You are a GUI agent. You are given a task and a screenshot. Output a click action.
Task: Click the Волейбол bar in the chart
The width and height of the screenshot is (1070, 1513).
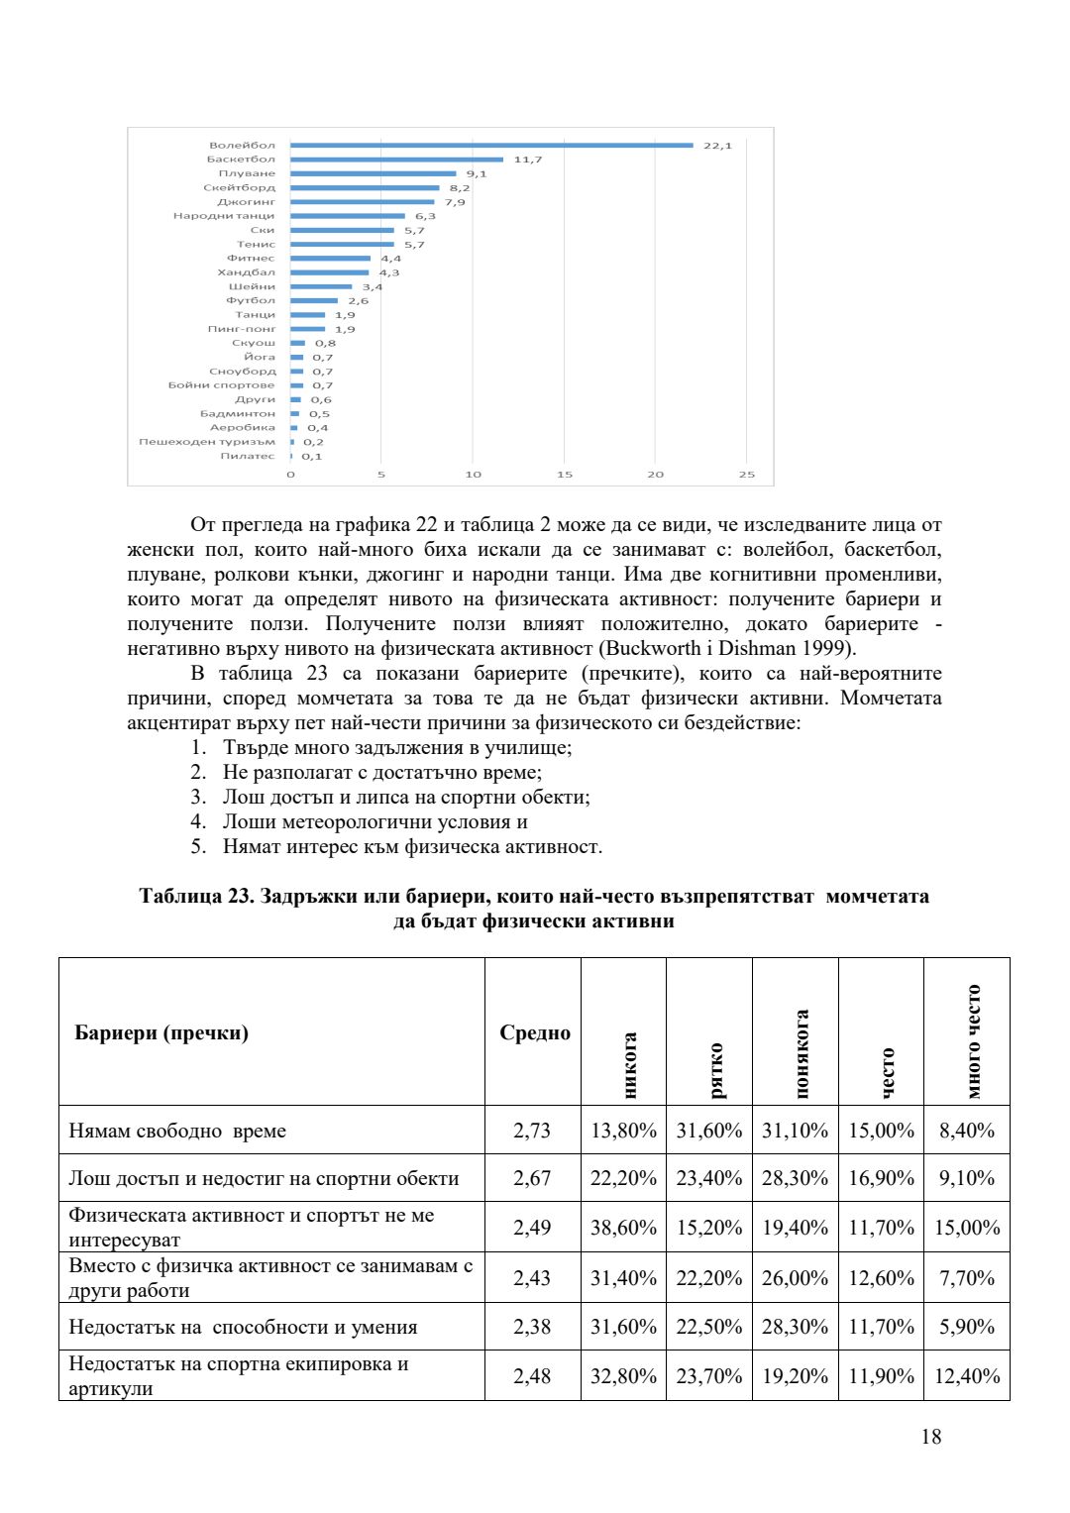[x=491, y=146]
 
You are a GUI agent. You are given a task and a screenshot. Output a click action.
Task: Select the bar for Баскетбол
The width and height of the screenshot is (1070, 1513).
[x=396, y=160]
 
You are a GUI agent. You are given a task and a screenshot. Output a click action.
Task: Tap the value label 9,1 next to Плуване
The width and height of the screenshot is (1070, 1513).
[x=477, y=173]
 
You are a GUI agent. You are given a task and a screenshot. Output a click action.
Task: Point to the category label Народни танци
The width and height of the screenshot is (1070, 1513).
[x=224, y=216]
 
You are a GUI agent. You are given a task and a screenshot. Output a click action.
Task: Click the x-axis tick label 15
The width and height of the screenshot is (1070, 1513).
[x=564, y=475]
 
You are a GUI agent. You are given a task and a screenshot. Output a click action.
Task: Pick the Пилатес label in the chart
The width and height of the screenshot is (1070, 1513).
[x=248, y=457]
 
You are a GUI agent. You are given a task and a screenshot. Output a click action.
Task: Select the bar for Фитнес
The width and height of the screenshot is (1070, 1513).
[x=330, y=259]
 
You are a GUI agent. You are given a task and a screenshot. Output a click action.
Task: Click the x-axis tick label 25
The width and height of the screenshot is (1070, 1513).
[x=746, y=475]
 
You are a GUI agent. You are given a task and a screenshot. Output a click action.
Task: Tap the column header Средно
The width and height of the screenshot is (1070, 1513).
[x=534, y=1032]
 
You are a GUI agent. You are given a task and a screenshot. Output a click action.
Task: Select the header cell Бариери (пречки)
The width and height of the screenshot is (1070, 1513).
[x=161, y=1032]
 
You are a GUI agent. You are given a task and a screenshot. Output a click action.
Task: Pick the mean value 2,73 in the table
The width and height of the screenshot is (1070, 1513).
[x=532, y=1131]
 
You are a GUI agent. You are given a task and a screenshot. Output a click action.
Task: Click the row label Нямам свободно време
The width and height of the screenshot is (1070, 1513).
[x=177, y=1131]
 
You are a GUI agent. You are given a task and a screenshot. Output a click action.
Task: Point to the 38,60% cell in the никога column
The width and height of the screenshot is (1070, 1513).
[x=623, y=1228]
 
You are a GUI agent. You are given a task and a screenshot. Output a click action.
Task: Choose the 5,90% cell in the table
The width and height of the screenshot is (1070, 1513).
[x=966, y=1327]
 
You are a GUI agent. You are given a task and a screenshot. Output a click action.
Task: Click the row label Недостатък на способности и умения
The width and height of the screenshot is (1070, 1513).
[x=243, y=1327]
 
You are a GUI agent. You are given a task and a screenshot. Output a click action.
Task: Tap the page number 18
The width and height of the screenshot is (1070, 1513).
[x=930, y=1437]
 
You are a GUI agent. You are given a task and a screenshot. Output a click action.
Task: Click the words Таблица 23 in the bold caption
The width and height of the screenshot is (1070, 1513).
[x=194, y=897]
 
